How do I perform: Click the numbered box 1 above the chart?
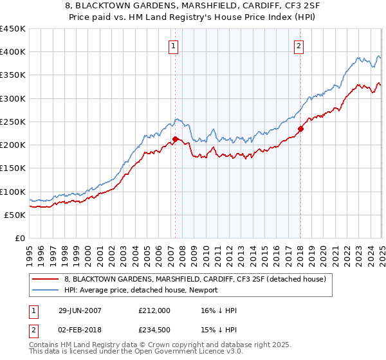[174, 45]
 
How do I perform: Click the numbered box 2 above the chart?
[300, 45]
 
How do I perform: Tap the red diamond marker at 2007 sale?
[175, 139]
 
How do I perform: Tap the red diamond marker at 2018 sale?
[300, 129]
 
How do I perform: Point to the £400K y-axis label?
[13, 52]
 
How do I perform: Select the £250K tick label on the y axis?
[13, 122]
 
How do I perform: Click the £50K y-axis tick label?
[15, 215]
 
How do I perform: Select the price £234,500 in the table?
[154, 330]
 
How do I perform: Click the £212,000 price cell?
[154, 310]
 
